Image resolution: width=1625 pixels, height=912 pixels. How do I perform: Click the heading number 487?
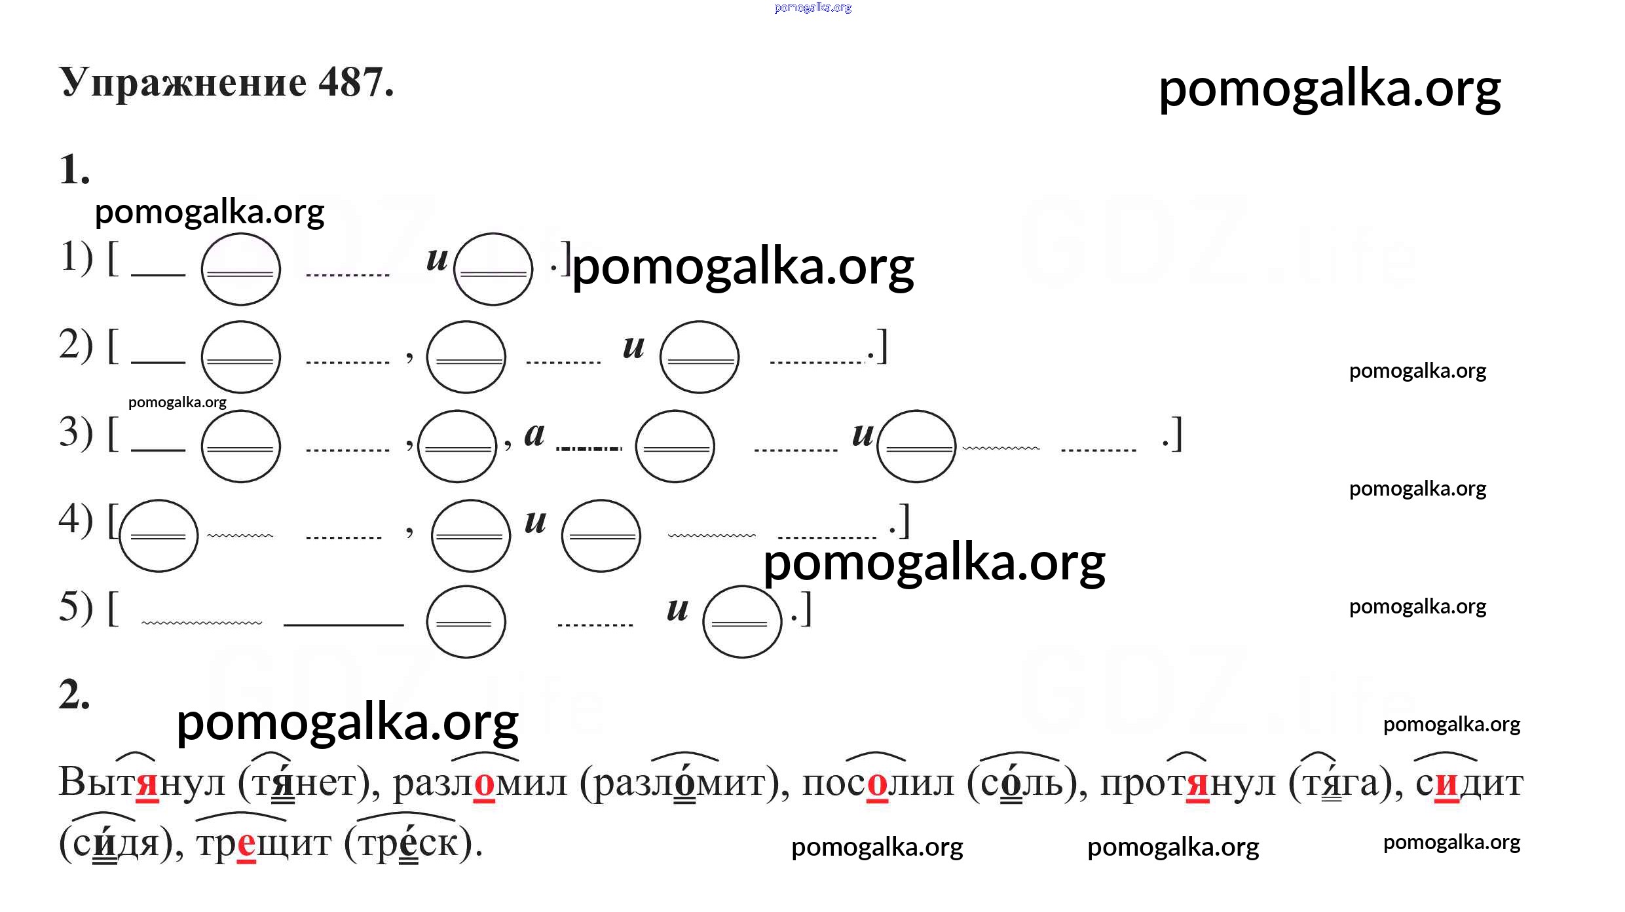tap(356, 82)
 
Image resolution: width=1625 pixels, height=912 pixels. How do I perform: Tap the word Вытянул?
tap(141, 782)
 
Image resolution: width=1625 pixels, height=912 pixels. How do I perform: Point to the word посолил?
tap(878, 782)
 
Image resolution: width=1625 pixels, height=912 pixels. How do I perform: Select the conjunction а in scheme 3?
tap(534, 434)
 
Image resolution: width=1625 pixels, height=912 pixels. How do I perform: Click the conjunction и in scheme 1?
tap(437, 259)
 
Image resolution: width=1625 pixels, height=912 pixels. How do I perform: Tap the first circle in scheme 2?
tap(241, 357)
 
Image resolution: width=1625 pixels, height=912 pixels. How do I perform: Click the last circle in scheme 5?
tap(742, 621)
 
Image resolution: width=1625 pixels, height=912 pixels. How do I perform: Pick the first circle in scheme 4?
tap(159, 536)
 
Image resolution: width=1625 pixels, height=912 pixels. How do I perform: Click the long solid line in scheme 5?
tap(344, 625)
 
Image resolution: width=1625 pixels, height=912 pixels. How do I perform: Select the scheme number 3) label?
tap(76, 433)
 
